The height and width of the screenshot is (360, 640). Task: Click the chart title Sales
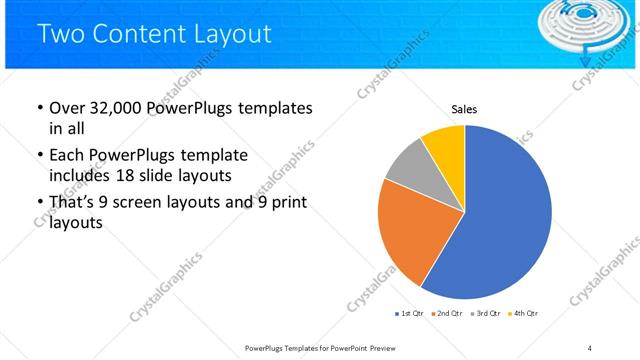click(464, 109)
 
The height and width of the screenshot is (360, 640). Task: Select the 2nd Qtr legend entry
click(446, 314)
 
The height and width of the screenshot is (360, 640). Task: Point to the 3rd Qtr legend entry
click(485, 314)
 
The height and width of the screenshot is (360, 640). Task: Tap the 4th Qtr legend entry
click(523, 314)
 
